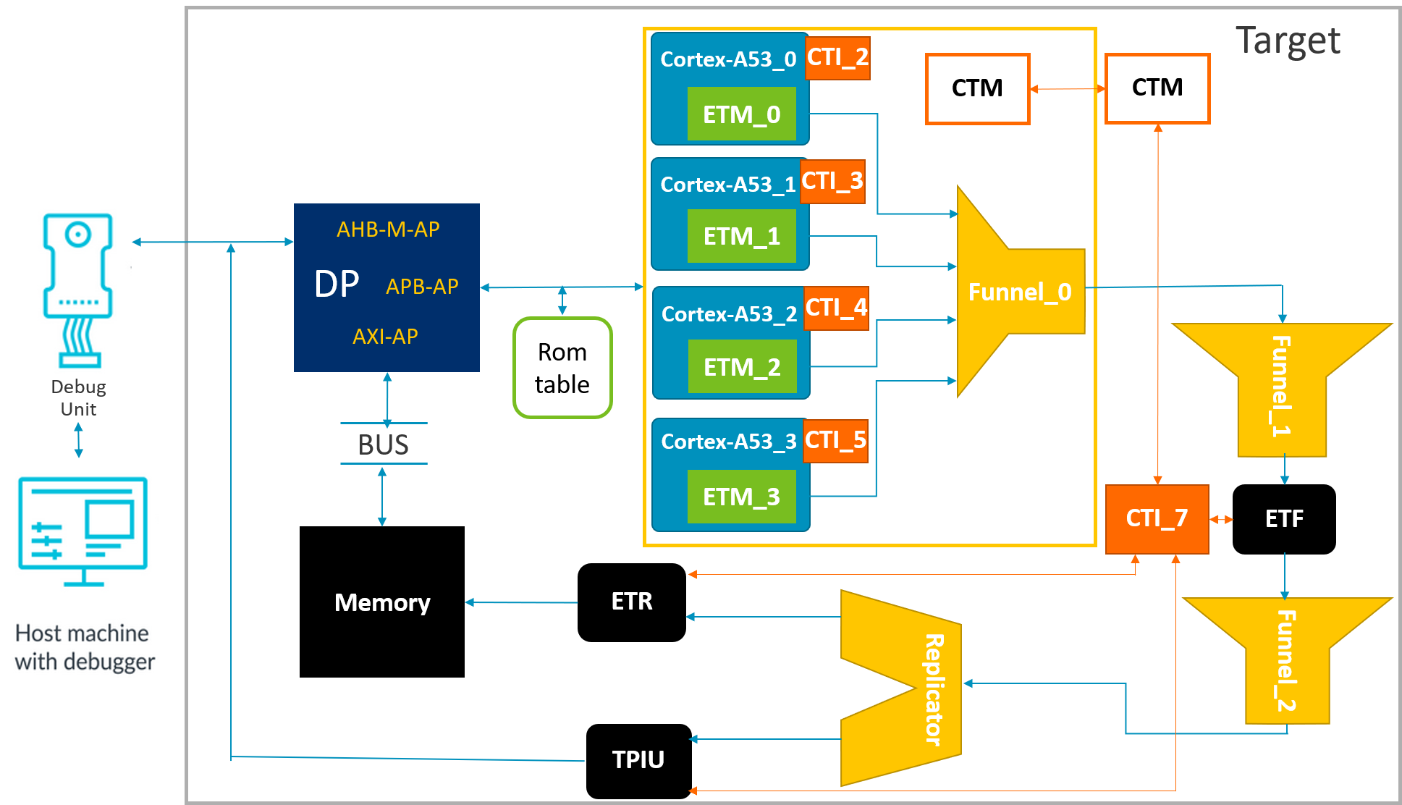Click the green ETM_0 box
point(741,114)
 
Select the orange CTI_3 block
point(832,181)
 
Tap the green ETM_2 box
point(742,367)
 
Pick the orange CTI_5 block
point(835,440)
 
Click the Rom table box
point(562,368)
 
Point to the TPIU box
point(638,760)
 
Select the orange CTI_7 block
point(1157,518)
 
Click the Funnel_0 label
point(1020,292)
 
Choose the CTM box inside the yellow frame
point(977,88)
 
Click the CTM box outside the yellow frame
point(1157,88)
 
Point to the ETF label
point(1284,518)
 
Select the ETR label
point(632,602)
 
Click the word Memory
point(382,602)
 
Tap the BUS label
point(384,444)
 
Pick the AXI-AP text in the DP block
point(385,337)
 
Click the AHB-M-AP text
point(388,229)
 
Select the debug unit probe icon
point(78,287)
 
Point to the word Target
point(1288,41)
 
